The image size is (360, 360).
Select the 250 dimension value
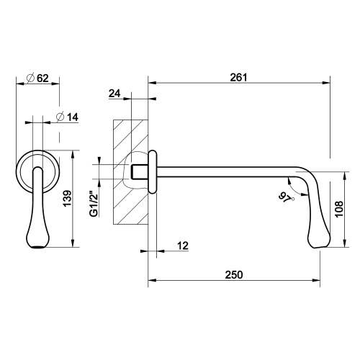[234, 275]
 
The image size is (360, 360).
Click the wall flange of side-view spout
[153, 172]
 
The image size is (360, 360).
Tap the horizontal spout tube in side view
[223, 172]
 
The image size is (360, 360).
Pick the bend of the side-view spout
[302, 176]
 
